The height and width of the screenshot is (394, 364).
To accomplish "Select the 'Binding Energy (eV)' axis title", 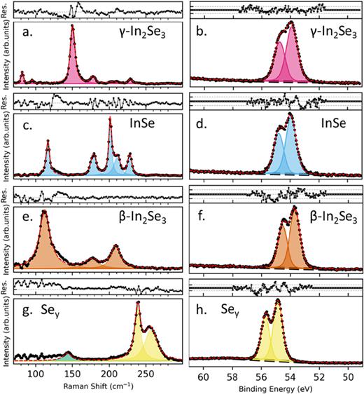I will pos(276,386).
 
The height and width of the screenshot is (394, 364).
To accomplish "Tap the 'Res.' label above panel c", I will pos(6,101).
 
